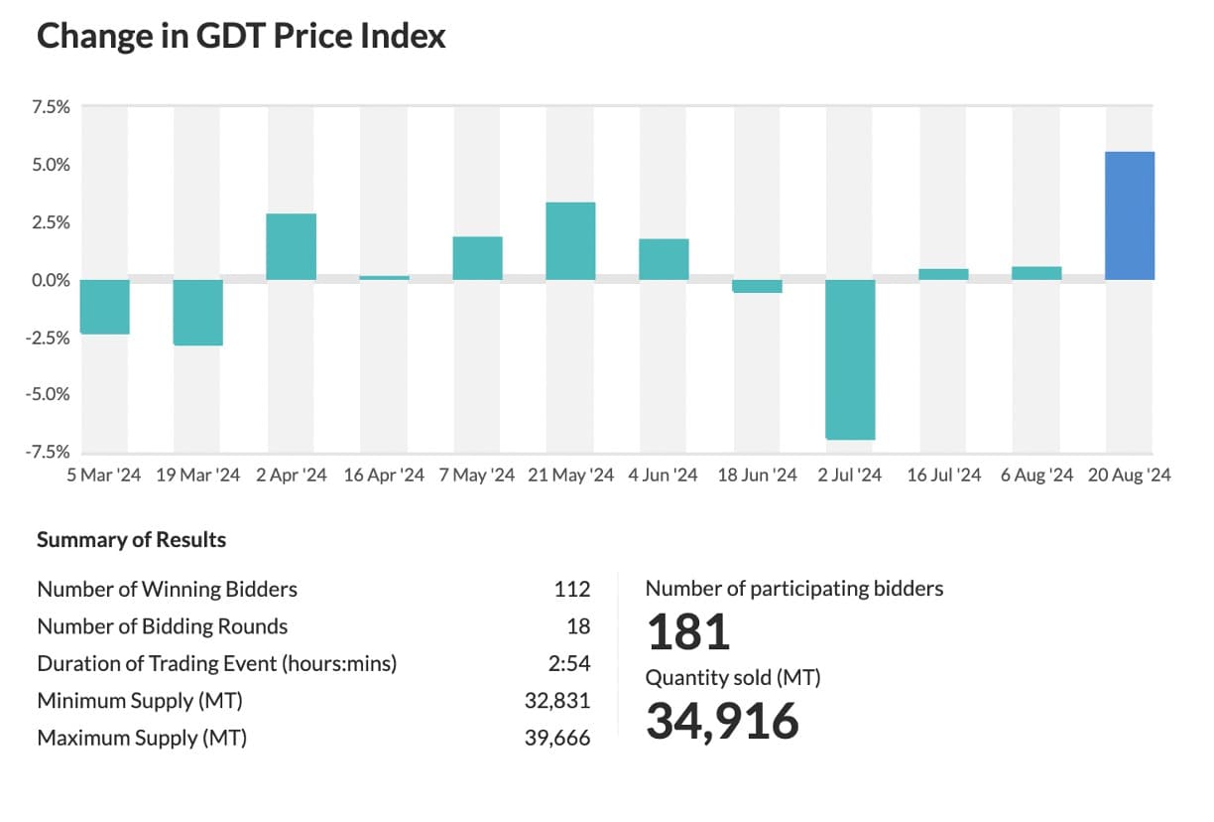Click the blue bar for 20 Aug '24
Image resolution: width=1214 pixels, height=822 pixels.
click(x=1130, y=215)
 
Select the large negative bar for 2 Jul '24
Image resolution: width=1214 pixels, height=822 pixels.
click(x=850, y=358)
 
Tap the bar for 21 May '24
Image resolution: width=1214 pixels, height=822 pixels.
click(x=570, y=240)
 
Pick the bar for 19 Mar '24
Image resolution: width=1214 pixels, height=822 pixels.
click(x=197, y=312)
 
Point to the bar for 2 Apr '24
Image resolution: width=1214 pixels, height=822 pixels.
click(x=291, y=246)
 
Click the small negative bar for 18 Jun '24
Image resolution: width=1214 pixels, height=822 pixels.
click(x=757, y=286)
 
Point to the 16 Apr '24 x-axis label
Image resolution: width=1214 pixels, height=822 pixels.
click(x=384, y=476)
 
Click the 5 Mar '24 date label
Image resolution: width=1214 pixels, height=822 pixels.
click(x=104, y=476)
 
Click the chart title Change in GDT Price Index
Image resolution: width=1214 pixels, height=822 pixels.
click(x=241, y=37)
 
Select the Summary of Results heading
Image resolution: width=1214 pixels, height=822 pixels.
click(x=131, y=540)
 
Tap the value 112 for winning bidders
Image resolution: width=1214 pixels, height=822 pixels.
click(x=572, y=590)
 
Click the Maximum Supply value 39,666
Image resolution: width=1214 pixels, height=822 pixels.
click(x=557, y=739)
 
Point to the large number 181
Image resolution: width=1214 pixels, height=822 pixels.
click(x=688, y=632)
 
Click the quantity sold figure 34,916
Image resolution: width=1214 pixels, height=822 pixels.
click(x=722, y=721)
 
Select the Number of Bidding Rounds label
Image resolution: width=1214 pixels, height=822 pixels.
click(x=162, y=626)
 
